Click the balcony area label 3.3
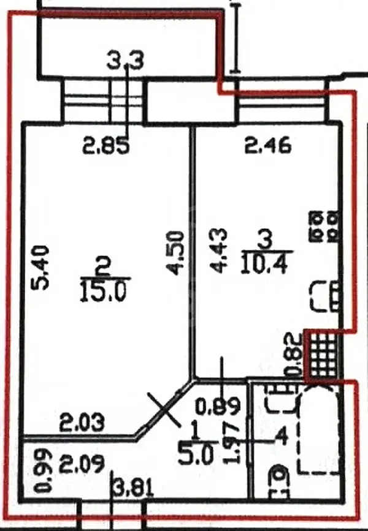point(125,61)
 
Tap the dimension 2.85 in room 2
point(106,146)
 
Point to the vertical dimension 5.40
point(40,268)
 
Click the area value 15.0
point(103,292)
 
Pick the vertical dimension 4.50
point(175,253)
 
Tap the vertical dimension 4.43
point(218,250)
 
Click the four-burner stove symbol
point(324,226)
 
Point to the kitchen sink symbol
point(324,296)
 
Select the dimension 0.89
point(219,407)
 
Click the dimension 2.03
point(82,423)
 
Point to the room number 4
point(282,437)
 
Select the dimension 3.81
point(134,489)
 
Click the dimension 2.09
point(82,464)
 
